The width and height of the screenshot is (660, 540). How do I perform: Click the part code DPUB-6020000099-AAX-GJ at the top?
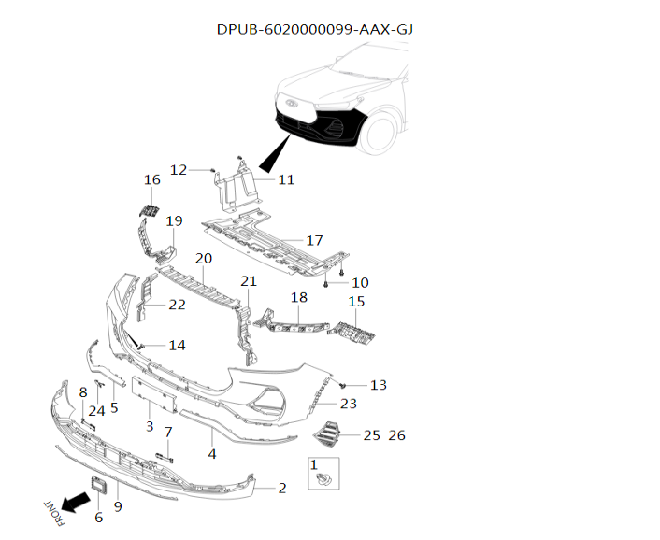tap(315, 29)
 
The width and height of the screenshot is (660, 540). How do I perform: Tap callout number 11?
tap(286, 178)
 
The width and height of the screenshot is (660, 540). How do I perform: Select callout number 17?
tap(314, 240)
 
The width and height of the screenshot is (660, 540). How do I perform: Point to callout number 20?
tap(203, 258)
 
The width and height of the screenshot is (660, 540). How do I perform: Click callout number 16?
tap(151, 179)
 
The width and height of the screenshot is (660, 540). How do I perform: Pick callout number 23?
tap(349, 404)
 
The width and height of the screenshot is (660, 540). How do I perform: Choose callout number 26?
tap(396, 435)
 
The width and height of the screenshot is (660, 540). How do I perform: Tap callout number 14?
tap(177, 345)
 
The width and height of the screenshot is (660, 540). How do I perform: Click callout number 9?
tap(118, 505)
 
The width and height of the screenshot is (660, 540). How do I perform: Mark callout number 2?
tap(282, 488)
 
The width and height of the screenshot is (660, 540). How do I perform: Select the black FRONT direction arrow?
tap(69, 503)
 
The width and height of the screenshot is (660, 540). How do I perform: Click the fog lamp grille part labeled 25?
tap(329, 434)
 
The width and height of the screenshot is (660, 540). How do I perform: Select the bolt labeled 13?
tap(344, 384)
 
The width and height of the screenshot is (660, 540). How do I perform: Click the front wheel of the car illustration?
tap(384, 130)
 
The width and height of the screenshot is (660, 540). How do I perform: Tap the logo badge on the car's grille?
tap(292, 104)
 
